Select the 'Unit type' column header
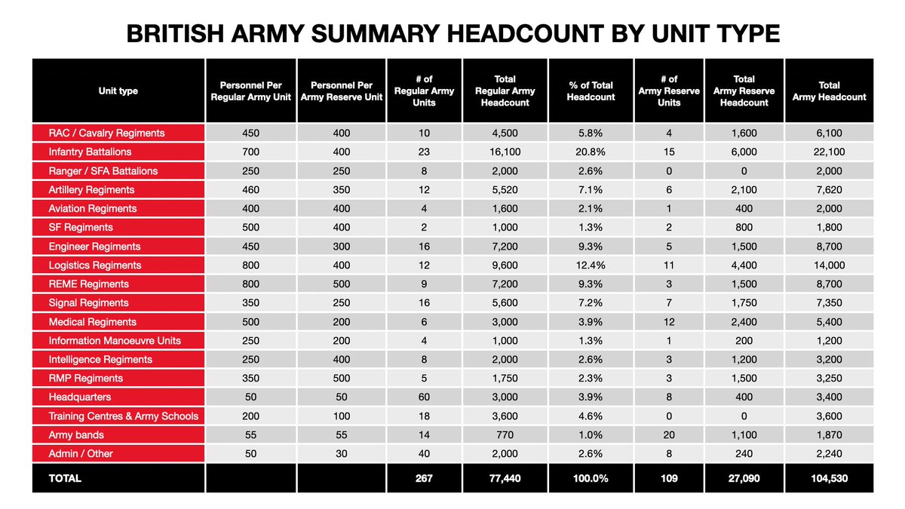(x=118, y=91)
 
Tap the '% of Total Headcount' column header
(x=591, y=91)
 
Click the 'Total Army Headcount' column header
(x=829, y=91)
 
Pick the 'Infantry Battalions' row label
(x=90, y=152)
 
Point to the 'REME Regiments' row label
(x=88, y=284)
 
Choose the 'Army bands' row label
(x=76, y=434)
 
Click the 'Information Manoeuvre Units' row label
(x=115, y=340)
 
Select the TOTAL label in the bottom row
(x=65, y=478)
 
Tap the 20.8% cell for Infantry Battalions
(x=591, y=152)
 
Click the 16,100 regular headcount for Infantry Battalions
(x=505, y=152)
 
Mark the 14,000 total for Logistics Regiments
(x=829, y=265)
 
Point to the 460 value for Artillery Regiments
(x=251, y=189)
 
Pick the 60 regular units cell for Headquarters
(x=424, y=397)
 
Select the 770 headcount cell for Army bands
(x=505, y=434)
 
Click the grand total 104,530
(x=829, y=478)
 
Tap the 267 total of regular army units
(x=424, y=478)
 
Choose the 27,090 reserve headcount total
(x=744, y=478)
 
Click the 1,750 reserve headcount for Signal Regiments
(x=744, y=302)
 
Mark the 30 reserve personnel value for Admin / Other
(x=341, y=453)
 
